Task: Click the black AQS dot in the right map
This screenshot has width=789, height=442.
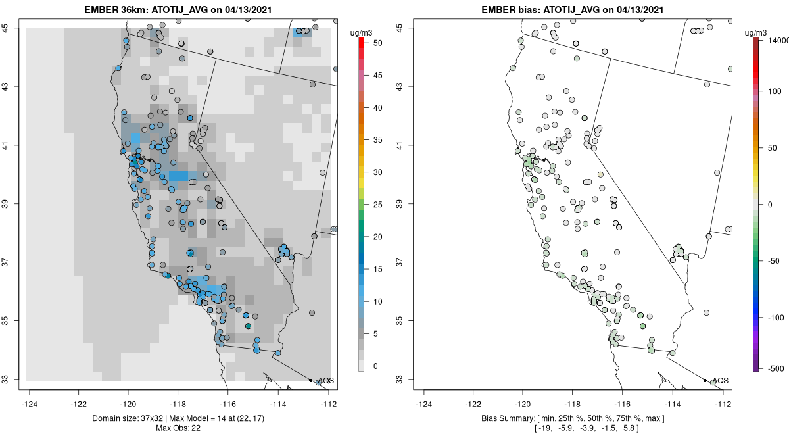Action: pos(705,380)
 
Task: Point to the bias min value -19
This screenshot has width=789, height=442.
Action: pos(545,428)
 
